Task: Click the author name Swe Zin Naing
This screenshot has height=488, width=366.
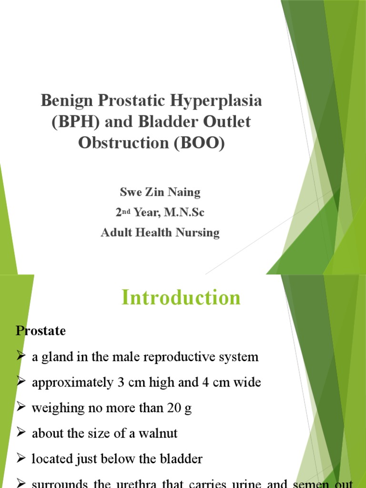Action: point(160,193)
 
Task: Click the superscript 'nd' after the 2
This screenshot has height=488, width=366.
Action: point(127,210)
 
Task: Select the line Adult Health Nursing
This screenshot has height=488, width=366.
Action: point(160,233)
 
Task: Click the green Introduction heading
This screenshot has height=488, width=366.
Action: point(181,298)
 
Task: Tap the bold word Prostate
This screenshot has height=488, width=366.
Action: point(41,331)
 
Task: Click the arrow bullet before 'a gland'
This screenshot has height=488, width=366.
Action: point(21,357)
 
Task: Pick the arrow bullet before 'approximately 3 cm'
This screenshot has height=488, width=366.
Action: point(21,383)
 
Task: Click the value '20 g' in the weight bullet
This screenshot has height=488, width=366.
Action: point(179,408)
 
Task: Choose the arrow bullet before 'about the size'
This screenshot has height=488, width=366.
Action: point(21,434)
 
